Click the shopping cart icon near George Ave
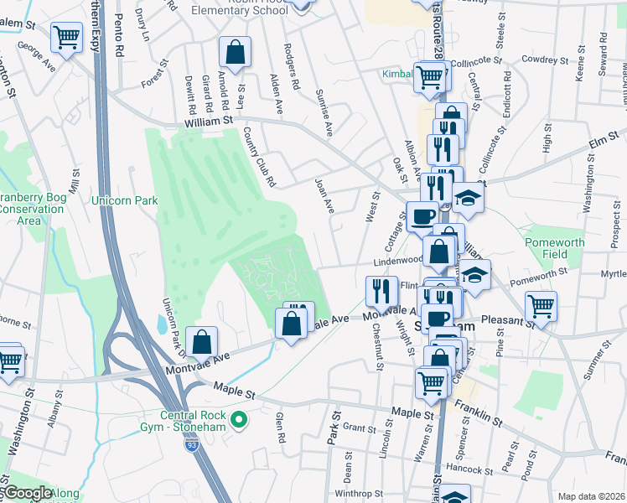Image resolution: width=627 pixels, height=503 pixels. [x=67, y=37]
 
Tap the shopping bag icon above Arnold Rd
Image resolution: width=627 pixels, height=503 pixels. [x=235, y=52]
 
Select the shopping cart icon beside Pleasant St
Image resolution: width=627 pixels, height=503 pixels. [x=541, y=305]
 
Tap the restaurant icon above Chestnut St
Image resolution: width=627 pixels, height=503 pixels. [x=382, y=291]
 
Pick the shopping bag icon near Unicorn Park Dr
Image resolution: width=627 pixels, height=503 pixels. [x=201, y=341]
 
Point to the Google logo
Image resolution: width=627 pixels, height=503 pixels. [x=27, y=494]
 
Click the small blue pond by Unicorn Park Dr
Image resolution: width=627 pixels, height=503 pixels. [x=161, y=324]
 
